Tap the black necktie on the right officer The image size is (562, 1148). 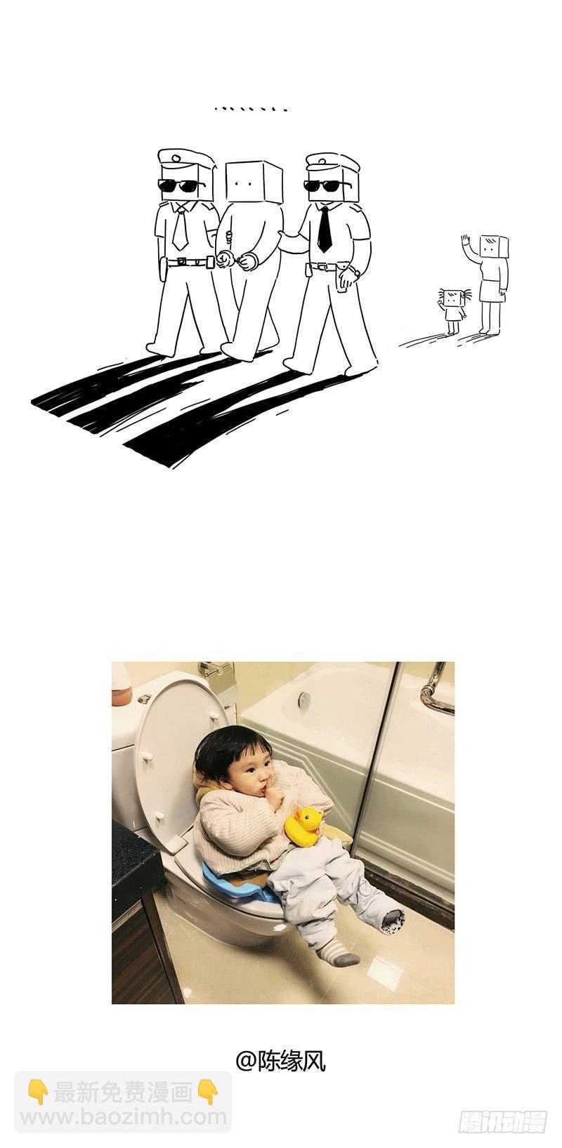click(324, 229)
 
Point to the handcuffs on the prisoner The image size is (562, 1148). click(237, 260)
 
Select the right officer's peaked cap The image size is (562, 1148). click(332, 162)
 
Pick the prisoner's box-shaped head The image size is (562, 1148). click(253, 181)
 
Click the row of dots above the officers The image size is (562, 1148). click(251, 110)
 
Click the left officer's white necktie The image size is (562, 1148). click(181, 228)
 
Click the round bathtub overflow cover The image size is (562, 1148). click(304, 699)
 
